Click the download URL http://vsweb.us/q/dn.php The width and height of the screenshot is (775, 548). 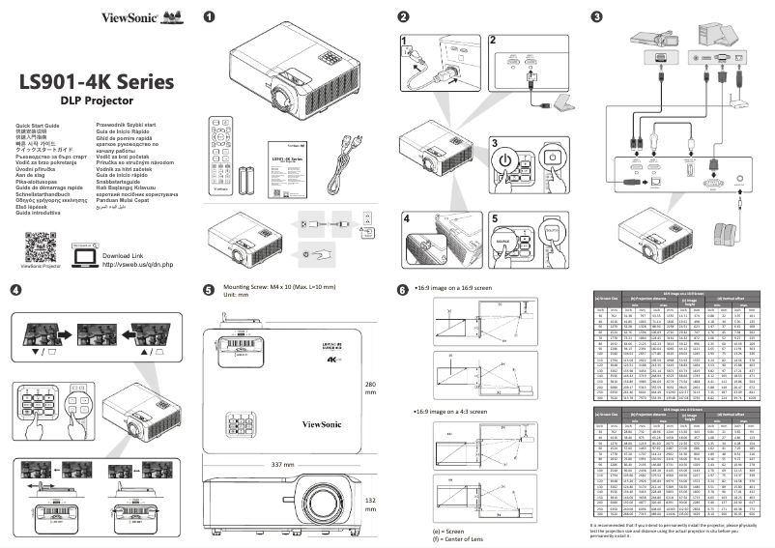pyautogui.click(x=136, y=264)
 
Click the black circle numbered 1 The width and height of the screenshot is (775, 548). pyautogui.click(x=210, y=15)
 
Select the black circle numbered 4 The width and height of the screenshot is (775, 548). pyautogui.click(x=14, y=289)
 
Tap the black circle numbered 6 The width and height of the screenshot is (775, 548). pyautogui.click(x=403, y=289)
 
